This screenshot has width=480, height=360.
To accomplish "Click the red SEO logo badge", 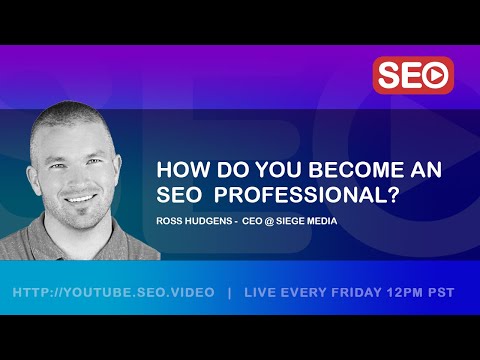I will pyautogui.click(x=413, y=76).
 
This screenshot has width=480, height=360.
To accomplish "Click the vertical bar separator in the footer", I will pyautogui.click(x=231, y=293).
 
